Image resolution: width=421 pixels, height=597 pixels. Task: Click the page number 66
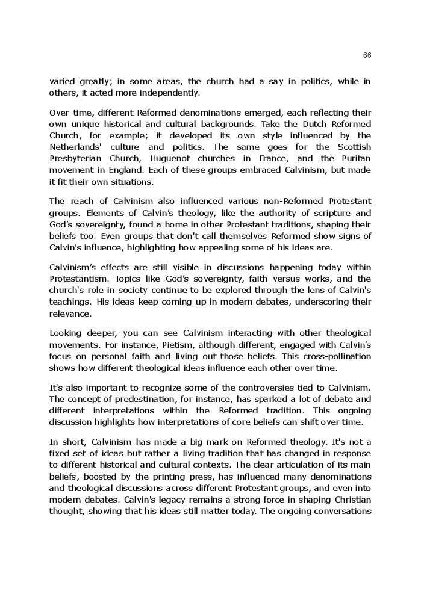tap(367, 55)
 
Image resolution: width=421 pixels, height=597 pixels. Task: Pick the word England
tap(120, 170)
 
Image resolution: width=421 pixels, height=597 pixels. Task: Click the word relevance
tap(70, 314)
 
